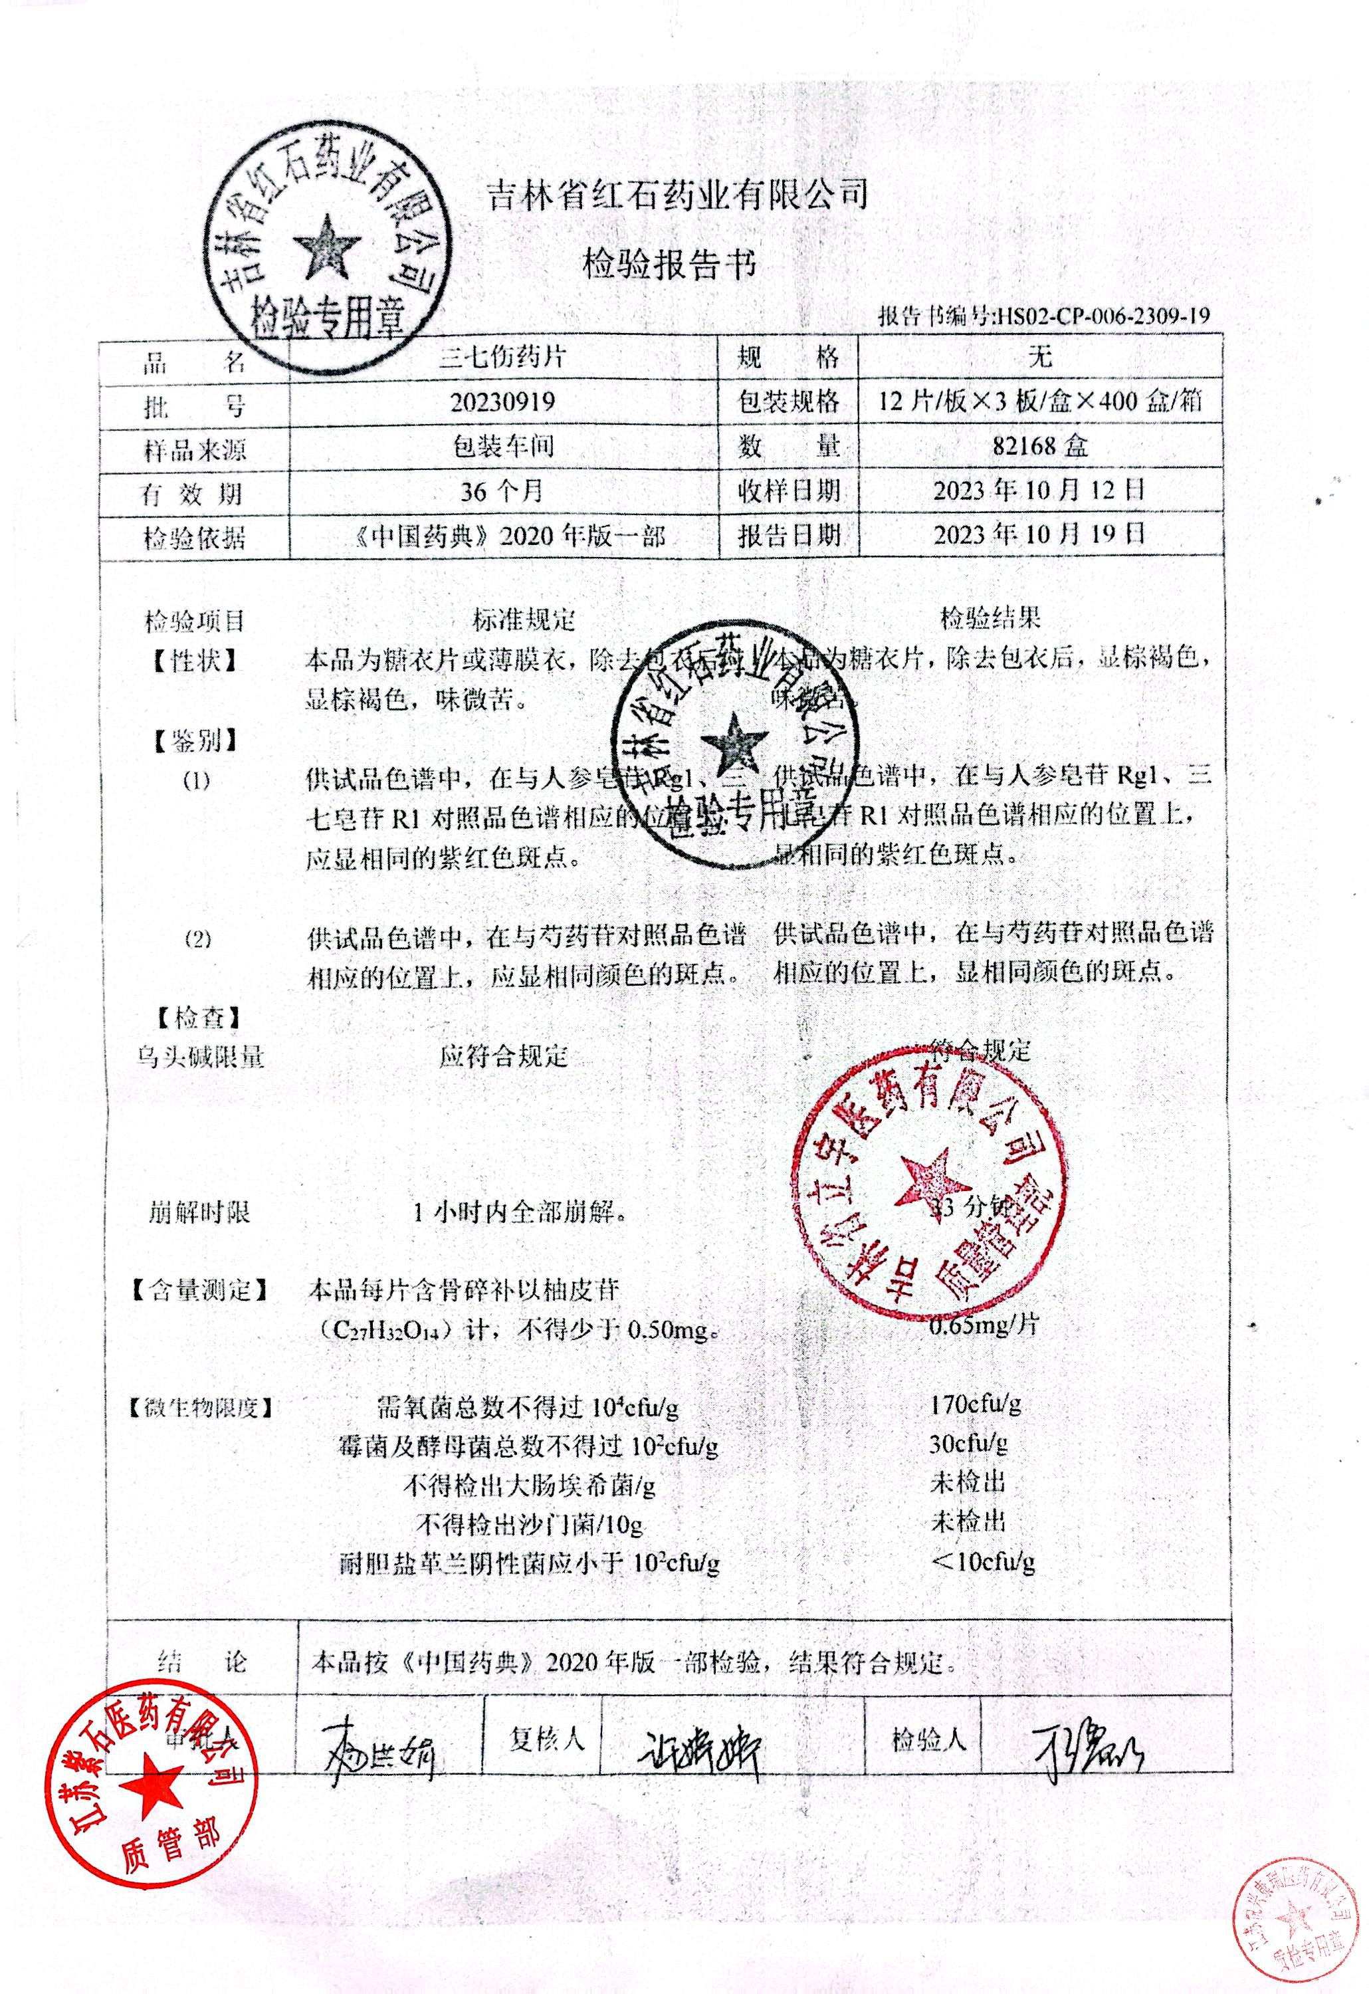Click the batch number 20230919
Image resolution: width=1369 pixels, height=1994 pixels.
(x=502, y=401)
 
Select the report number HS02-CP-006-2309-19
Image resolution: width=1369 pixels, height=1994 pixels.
(x=1101, y=316)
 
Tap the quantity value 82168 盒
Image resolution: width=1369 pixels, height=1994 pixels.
(x=1039, y=446)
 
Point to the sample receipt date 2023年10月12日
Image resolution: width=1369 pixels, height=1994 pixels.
(x=1039, y=491)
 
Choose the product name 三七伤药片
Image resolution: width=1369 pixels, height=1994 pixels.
(x=502, y=357)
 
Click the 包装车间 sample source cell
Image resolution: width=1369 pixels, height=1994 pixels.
(x=502, y=446)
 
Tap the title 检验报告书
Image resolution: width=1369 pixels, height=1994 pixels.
(x=670, y=267)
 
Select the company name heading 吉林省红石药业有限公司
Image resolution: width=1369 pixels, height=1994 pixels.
(x=677, y=195)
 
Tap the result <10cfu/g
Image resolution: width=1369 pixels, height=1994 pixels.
(x=983, y=1561)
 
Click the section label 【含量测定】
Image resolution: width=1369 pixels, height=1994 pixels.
(x=198, y=1289)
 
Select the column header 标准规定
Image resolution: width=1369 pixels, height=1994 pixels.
(x=524, y=619)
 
